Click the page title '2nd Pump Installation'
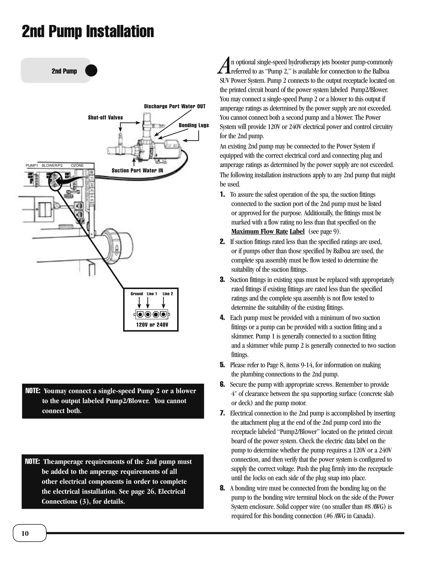pos(88,32)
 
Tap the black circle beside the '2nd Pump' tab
pos(91,71)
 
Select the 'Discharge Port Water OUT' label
pos(175,106)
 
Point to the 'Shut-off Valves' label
pos(105,117)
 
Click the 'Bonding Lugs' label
pos(194,125)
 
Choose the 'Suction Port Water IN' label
pos(137,170)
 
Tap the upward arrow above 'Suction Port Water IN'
pos(134,162)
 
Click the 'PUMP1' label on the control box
pos(32,166)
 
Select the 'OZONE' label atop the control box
pos(77,166)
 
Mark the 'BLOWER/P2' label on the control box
pos(52,166)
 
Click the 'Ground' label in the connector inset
pos(137,294)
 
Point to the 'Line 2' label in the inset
pos(168,294)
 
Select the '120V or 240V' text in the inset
pos(152,325)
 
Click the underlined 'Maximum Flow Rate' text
pos(260,232)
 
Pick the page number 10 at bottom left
pos(25,533)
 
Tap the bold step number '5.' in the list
pos(222,365)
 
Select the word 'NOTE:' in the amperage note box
pos(32,461)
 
